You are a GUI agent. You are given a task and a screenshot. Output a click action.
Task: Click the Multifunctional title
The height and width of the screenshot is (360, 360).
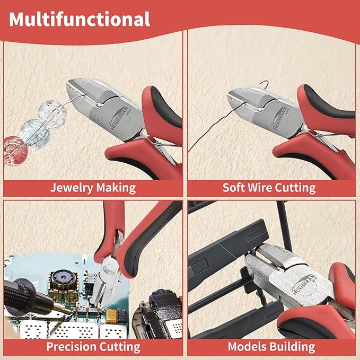(80, 19)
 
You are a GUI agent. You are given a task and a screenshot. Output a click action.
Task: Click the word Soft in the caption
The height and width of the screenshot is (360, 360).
(234, 187)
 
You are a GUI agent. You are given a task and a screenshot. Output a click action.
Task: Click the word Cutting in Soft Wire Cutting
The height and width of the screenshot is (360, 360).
(296, 187)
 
